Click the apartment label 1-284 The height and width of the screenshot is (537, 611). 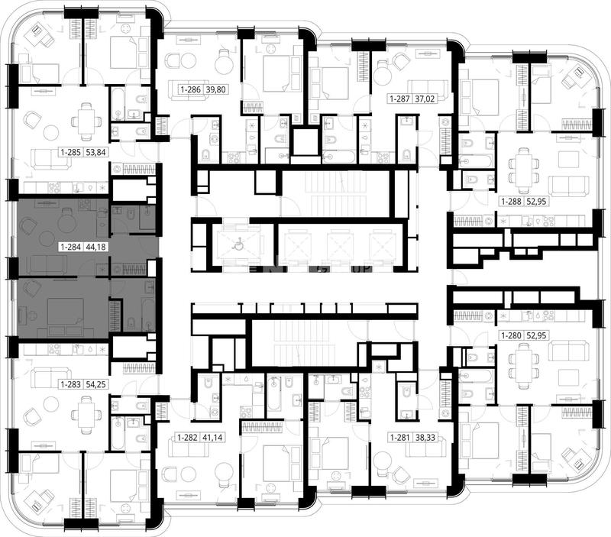70,247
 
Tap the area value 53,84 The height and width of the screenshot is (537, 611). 96,152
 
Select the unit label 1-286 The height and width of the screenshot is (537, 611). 190,89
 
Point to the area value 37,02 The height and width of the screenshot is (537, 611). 425,99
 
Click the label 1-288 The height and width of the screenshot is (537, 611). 512,202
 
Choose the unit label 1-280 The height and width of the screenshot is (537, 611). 512,335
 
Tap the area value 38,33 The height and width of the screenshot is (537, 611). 425,438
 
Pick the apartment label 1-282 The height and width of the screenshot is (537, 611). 188,438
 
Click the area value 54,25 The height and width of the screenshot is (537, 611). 96,385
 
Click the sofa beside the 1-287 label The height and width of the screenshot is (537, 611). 428,87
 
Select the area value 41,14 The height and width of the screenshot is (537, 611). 213,438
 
